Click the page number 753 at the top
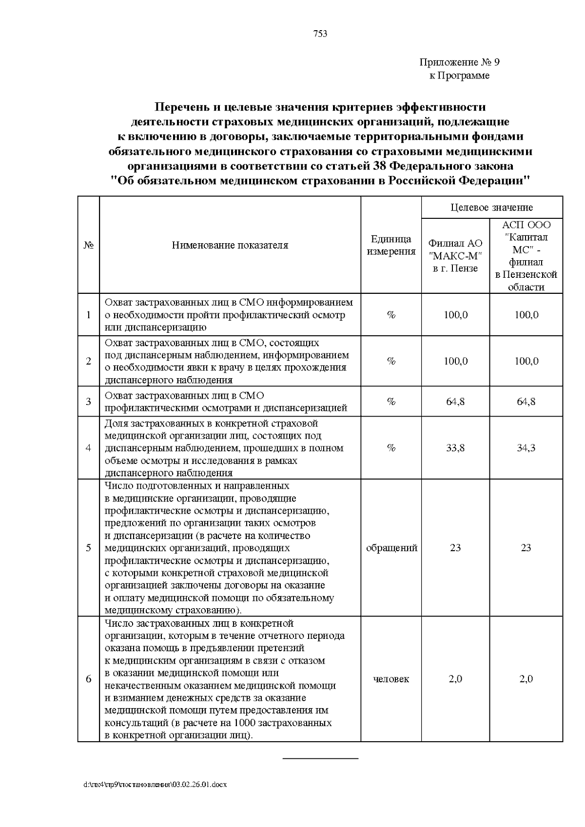pos(320,34)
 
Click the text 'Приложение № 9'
pos(459,62)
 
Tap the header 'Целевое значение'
pos(491,208)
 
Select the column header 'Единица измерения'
pos(391,245)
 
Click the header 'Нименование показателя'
pos(230,245)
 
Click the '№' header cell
pos(89,245)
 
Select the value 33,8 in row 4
pos(455,448)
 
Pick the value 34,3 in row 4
pos(526,448)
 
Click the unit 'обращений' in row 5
pos(391,548)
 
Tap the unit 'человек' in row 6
pos(391,679)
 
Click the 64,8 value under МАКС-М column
pos(455,402)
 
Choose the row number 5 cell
pos(89,548)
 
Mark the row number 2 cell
pos(89,361)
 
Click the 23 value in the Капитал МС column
pos(526,548)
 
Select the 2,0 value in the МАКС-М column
pos(455,679)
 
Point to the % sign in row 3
pos(391,402)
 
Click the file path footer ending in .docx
pos(156,785)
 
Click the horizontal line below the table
pos(321,759)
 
